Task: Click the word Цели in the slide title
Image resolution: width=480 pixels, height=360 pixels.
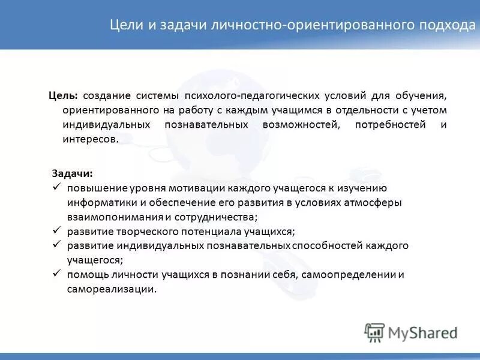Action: [x=125, y=26]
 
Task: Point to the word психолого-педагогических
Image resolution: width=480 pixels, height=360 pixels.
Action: [x=255, y=96]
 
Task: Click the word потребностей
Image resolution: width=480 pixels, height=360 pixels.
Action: [x=390, y=125]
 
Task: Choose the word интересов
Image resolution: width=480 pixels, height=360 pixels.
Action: [x=90, y=139]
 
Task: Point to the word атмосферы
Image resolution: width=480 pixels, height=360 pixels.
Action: [x=373, y=203]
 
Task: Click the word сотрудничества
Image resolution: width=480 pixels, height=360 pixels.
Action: [x=216, y=217]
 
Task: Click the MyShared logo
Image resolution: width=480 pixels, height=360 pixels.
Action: [x=411, y=332]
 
